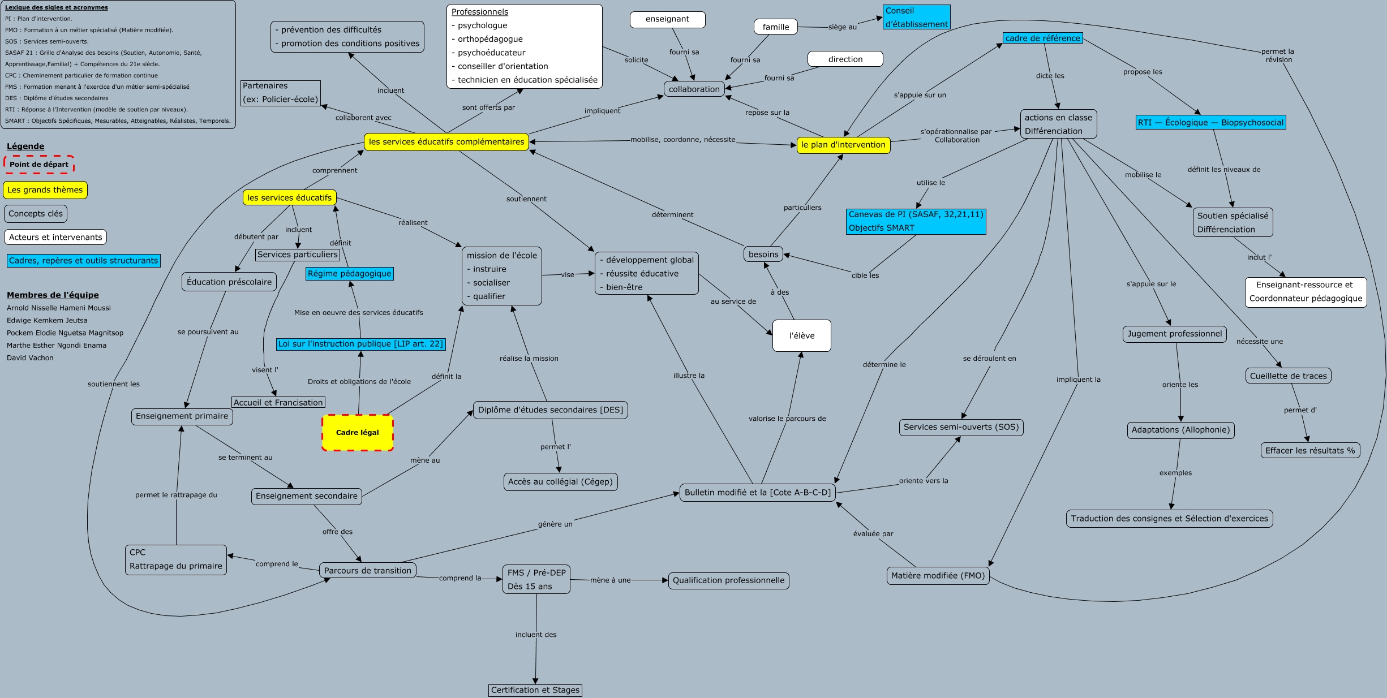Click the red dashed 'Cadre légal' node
pyautogui.click(x=357, y=433)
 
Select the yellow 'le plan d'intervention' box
pyautogui.click(x=843, y=145)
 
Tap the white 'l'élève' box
pyautogui.click(x=801, y=335)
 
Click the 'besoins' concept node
pyautogui.click(x=763, y=255)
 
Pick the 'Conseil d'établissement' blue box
pyautogui.click(x=916, y=18)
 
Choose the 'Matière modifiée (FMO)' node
pyautogui.click(x=938, y=576)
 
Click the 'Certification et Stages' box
pyautogui.click(x=535, y=690)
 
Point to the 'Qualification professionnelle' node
pyautogui.click(x=728, y=580)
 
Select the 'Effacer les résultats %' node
pyautogui.click(x=1310, y=451)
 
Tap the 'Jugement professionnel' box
pyautogui.click(x=1174, y=334)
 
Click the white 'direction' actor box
pyautogui.click(x=845, y=59)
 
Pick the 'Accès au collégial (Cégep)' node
pyautogui.click(x=560, y=482)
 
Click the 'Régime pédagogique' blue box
pyautogui.click(x=349, y=274)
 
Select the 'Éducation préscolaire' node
pyautogui.click(x=229, y=282)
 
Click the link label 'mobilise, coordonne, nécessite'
pyautogui.click(x=682, y=140)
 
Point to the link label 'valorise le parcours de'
pyautogui.click(x=787, y=419)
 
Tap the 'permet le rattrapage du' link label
pyautogui.click(x=176, y=495)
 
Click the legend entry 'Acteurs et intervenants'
pyautogui.click(x=55, y=238)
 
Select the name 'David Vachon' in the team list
pyautogui.click(x=30, y=358)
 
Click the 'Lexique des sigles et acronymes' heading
pyautogui.click(x=57, y=7)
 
